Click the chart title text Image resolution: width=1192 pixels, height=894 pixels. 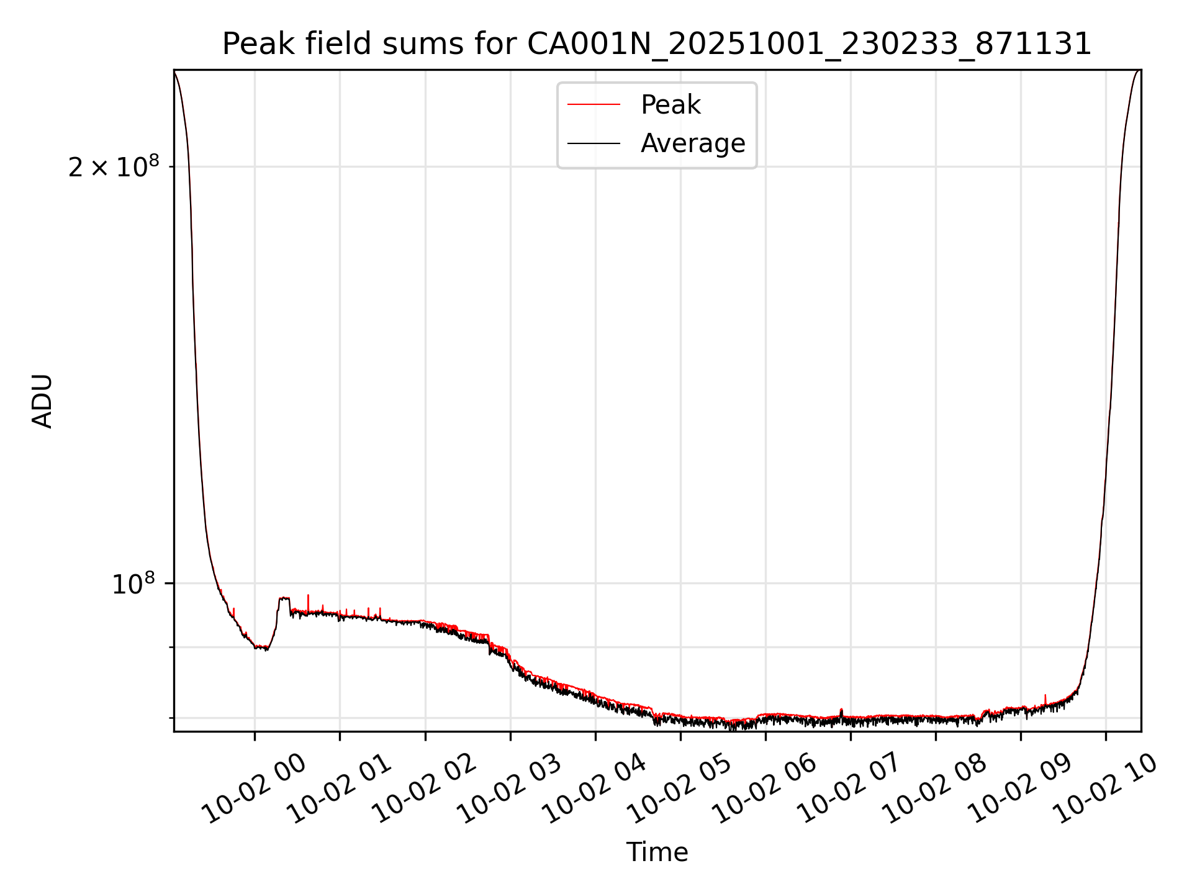pos(657,44)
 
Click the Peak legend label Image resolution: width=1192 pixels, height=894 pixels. pos(670,105)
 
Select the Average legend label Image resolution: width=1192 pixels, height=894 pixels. pos(693,143)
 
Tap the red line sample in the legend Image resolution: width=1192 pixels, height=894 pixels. pos(594,105)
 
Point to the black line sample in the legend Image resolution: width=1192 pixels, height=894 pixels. pos(594,143)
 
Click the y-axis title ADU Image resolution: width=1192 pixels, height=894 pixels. pos(43,401)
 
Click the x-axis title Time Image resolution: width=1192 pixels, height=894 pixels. pos(657,852)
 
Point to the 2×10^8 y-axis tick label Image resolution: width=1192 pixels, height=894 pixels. pos(114,167)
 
